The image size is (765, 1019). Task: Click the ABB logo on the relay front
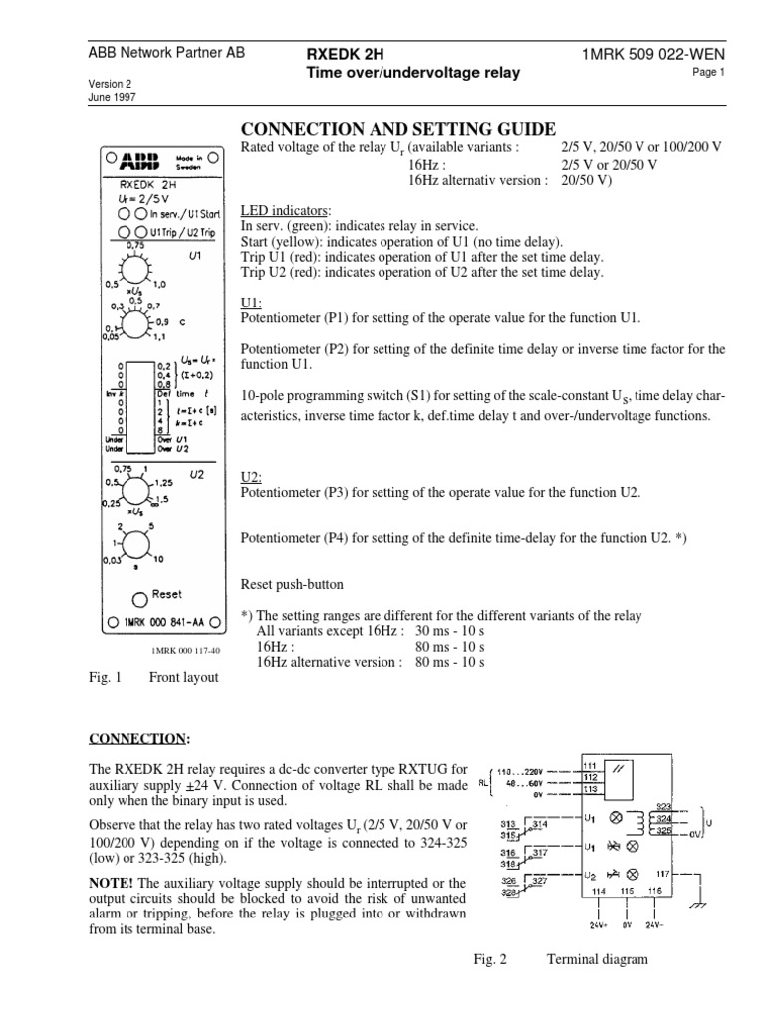click(x=138, y=162)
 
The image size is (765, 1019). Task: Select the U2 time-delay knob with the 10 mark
click(x=130, y=543)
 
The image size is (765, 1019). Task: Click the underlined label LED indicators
click(x=286, y=212)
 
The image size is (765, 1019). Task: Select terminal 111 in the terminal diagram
click(x=589, y=765)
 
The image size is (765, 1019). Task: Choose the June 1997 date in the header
click(x=113, y=97)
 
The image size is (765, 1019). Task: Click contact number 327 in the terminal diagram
click(x=538, y=854)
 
